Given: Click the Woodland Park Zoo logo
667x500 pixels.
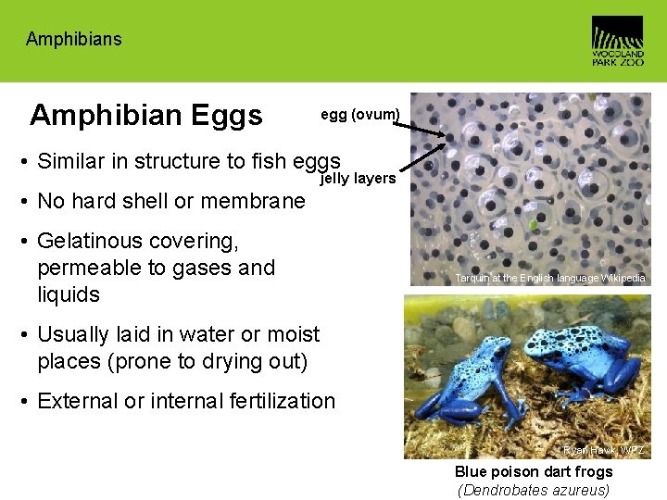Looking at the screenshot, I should (x=617, y=41).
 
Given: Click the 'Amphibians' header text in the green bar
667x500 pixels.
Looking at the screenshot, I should (x=73, y=39).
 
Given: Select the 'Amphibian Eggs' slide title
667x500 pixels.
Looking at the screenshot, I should (x=146, y=115).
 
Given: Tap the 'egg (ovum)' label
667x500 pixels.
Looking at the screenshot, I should (x=360, y=115).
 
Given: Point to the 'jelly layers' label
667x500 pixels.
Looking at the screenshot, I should (x=358, y=178).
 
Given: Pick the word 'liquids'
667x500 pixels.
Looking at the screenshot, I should (x=69, y=294).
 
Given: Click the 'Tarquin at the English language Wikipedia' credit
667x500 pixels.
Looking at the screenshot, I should (x=550, y=279).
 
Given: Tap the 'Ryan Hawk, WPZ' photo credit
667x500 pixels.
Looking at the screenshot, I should (x=603, y=451).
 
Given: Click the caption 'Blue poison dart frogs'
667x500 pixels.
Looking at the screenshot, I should (x=534, y=472).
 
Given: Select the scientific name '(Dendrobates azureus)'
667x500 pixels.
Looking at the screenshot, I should (x=534, y=490).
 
